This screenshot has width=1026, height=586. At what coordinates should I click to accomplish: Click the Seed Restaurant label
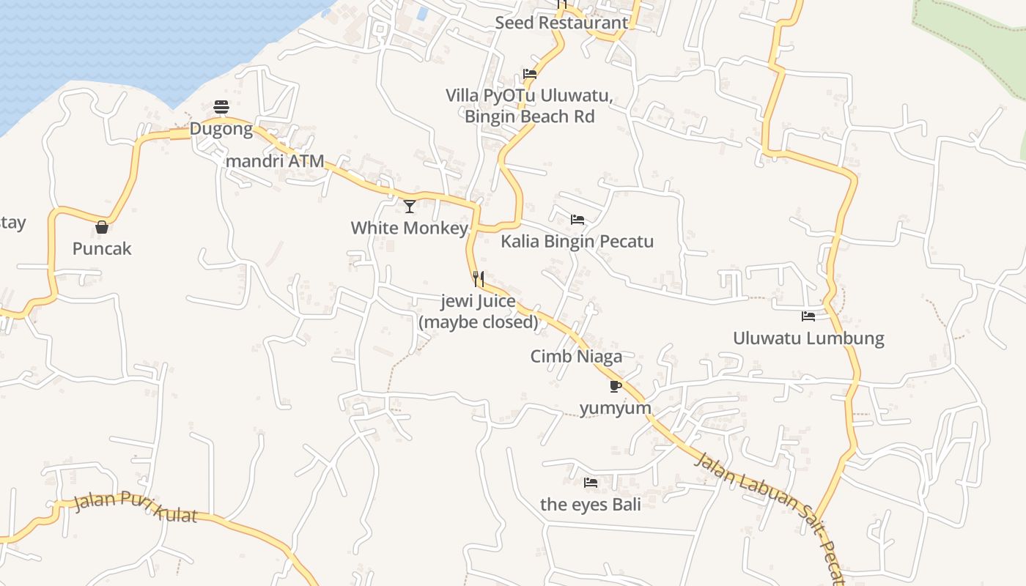point(561,23)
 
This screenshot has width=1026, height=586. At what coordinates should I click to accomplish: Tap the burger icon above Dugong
point(221,107)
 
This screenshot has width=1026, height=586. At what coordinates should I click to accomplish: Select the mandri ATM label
point(275,161)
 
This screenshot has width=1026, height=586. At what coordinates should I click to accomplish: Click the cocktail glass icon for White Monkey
point(410,206)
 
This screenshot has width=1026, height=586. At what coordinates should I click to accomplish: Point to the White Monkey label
point(409,228)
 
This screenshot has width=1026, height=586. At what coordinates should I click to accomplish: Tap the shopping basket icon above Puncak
point(102,227)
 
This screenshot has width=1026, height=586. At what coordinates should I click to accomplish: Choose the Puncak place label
point(102,249)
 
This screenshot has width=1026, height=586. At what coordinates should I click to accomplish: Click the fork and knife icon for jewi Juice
point(479,278)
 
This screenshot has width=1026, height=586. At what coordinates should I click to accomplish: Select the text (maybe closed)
point(479,322)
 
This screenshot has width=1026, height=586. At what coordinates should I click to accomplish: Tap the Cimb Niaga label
point(576,357)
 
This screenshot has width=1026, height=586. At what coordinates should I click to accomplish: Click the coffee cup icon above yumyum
point(615,386)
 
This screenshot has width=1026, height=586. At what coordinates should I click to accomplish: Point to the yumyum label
point(615,408)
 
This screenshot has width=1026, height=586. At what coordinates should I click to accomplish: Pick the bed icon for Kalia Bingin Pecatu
point(577,219)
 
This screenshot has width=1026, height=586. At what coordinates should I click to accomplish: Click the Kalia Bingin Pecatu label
point(577,242)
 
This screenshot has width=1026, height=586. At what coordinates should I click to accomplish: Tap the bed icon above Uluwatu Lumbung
point(808,316)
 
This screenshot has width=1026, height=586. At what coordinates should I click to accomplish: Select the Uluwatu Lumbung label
point(808,338)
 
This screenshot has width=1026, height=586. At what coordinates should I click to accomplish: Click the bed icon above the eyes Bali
point(591,482)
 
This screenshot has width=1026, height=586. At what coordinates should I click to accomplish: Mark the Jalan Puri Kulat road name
point(136,508)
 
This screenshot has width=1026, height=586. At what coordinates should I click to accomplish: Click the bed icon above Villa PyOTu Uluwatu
point(530,74)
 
